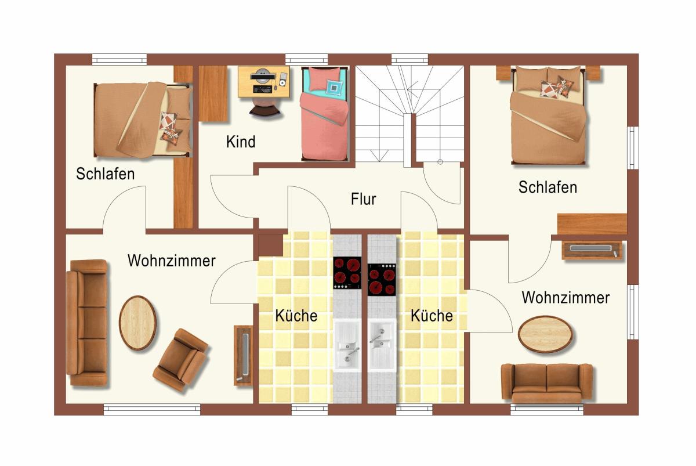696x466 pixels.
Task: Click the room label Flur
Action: [363, 199]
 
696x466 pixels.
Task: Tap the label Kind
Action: [241, 142]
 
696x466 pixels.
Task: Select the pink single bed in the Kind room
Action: [325, 114]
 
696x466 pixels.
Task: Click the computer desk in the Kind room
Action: [264, 82]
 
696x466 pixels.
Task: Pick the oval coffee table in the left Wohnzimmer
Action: [137, 323]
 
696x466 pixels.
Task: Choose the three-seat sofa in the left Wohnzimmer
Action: [87, 323]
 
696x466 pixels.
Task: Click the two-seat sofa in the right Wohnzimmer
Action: [547, 383]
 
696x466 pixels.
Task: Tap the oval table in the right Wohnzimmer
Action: [545, 334]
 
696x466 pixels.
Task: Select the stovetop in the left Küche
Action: [347, 273]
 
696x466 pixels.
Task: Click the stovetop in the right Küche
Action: [382, 280]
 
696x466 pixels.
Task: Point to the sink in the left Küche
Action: [347, 345]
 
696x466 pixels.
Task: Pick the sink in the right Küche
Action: [382, 345]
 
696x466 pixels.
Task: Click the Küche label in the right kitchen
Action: [432, 316]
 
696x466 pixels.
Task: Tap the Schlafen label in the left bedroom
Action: [106, 174]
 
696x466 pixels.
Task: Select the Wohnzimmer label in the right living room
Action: [565, 297]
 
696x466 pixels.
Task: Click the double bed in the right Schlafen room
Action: [549, 115]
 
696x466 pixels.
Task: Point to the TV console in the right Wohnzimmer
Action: [592, 250]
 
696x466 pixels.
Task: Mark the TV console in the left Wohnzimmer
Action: [243, 356]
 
